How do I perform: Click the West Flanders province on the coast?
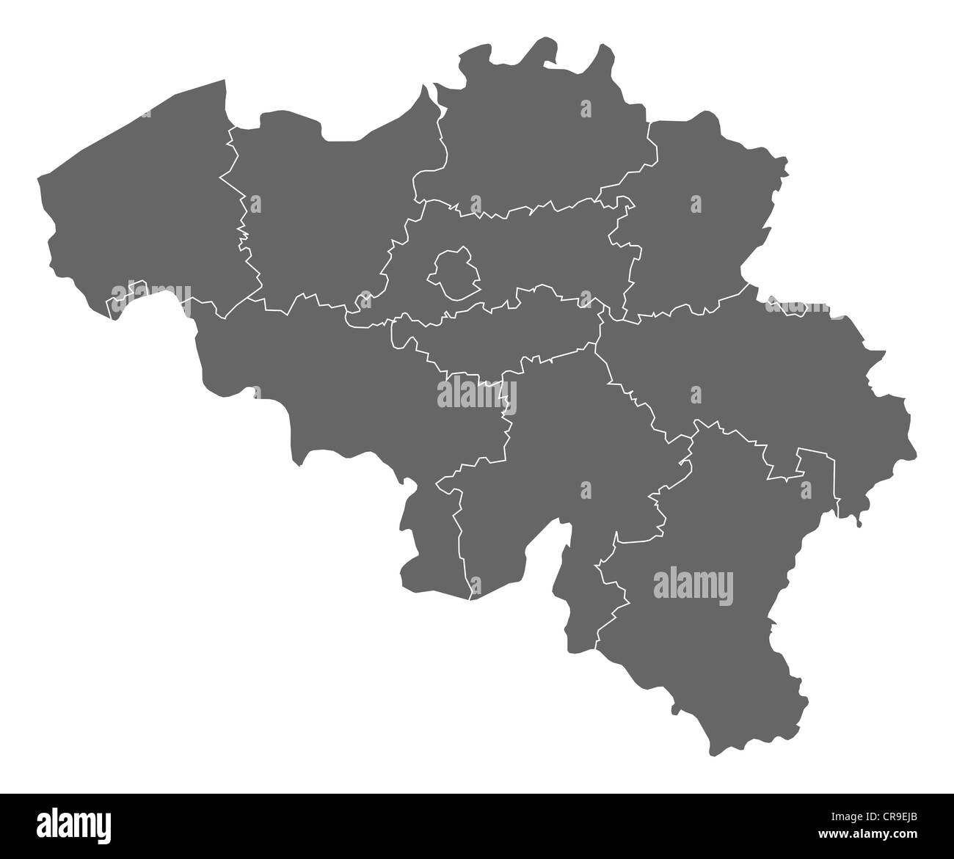click(x=139, y=213)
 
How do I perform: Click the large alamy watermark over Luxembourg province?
click(x=693, y=586)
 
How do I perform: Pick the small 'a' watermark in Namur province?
click(x=585, y=489)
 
